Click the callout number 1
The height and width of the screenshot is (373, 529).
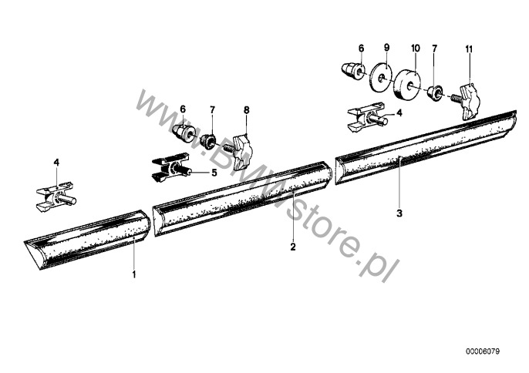tap(134, 274)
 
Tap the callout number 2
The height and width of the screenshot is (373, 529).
tap(293, 247)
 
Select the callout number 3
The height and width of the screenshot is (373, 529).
tap(399, 213)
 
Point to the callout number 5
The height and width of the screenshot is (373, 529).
tap(214, 173)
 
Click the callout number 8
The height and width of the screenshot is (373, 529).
tap(246, 109)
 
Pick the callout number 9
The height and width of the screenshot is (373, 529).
tap(386, 47)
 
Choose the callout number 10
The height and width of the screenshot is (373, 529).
tap(416, 49)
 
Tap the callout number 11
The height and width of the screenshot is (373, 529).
tap(469, 49)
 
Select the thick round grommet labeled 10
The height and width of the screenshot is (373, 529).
tap(408, 84)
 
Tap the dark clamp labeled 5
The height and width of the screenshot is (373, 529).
tap(170, 167)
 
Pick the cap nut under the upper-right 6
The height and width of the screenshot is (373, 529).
tap(352, 70)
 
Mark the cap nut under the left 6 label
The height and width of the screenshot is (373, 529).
tap(185, 133)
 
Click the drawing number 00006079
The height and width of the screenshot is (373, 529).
tap(483, 351)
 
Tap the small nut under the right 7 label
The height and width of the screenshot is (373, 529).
tap(436, 92)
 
